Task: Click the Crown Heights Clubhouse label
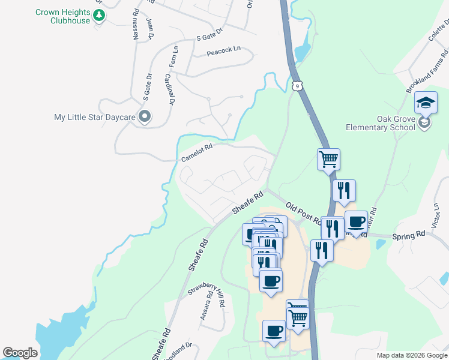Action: pyautogui.click(x=62, y=16)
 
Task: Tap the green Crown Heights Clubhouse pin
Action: pyautogui.click(x=100, y=16)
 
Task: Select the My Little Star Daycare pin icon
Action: pyautogui.click(x=144, y=117)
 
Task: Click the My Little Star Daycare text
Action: pyautogui.click(x=95, y=118)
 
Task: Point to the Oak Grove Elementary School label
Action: pyautogui.click(x=380, y=122)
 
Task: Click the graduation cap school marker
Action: pyautogui.click(x=426, y=104)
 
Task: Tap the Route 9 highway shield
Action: pyautogui.click(x=297, y=86)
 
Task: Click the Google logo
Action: pyautogui.click(x=20, y=353)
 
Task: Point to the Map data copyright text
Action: pyautogui.click(x=412, y=355)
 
